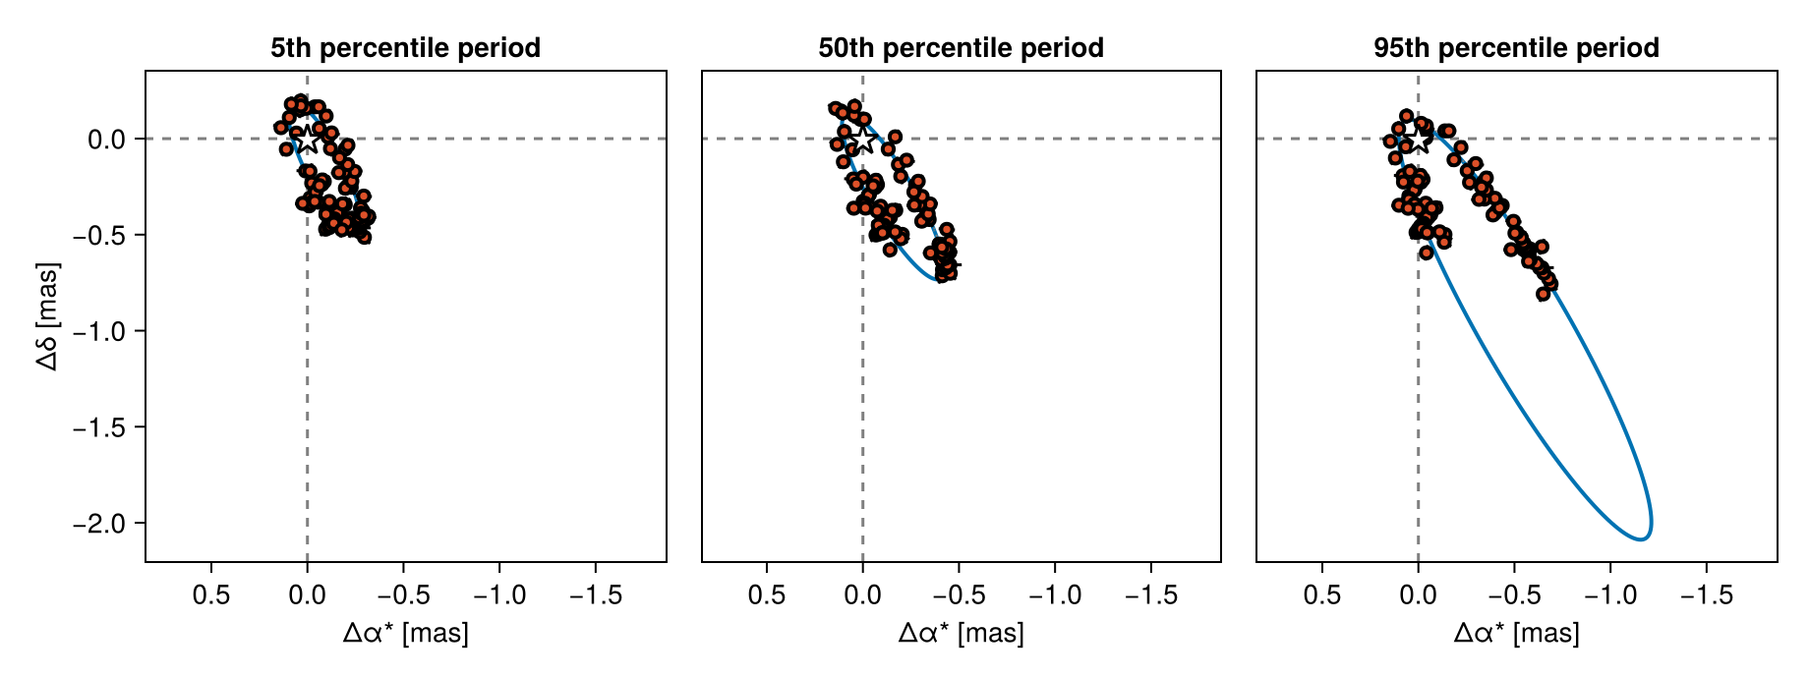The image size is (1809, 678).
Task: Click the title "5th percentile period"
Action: tap(405, 48)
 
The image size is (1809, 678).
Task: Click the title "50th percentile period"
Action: tap(961, 48)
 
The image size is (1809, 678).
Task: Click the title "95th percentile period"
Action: tap(1516, 48)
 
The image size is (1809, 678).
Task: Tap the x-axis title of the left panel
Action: tap(405, 634)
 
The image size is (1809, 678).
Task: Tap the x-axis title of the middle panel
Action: tap(961, 634)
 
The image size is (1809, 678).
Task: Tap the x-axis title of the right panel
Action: tap(1516, 634)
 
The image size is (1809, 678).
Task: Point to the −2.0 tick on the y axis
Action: tap(99, 524)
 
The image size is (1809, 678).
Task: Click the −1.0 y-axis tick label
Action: tap(99, 332)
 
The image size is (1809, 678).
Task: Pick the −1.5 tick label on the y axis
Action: tap(99, 427)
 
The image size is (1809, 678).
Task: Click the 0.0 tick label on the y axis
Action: tap(106, 140)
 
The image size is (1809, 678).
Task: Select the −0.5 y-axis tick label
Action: tap(99, 236)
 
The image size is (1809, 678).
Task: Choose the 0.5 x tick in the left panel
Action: tap(211, 594)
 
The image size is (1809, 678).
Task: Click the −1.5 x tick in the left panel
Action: tap(595, 594)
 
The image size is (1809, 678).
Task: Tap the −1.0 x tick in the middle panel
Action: tap(1055, 594)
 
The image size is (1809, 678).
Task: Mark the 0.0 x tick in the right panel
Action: tap(1418, 594)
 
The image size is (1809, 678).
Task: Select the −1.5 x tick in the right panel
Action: tap(1706, 594)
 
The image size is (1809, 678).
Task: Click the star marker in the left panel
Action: tap(308, 139)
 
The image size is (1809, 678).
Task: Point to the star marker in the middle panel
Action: tap(862, 139)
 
